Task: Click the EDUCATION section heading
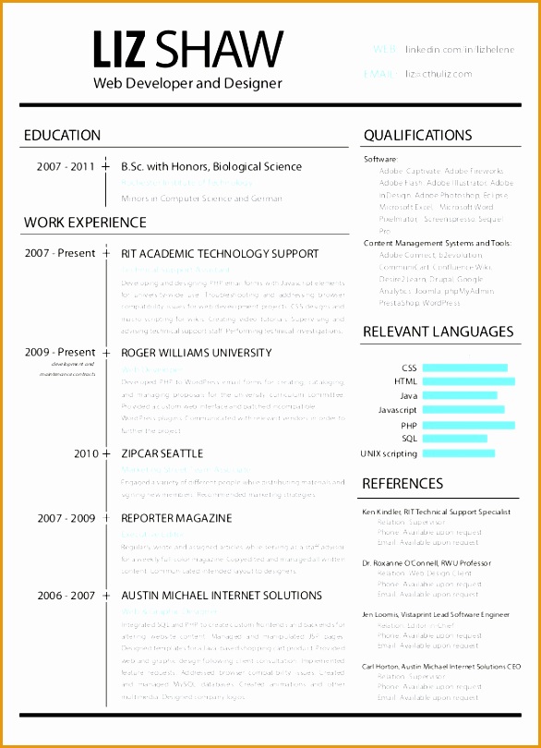pos(62,136)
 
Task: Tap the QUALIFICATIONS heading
pos(417,136)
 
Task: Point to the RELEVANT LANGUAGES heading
pos(438,332)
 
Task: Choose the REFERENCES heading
pos(403,483)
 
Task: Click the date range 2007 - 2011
pos(66,167)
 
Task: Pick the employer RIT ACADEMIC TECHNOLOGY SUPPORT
pos(220,253)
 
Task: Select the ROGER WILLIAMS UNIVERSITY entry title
pos(196,352)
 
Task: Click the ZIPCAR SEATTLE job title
pos(162,453)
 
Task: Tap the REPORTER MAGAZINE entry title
pos(176,518)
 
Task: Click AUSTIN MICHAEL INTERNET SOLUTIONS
pos(222,596)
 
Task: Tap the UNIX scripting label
pos(389,453)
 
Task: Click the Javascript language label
pos(398,410)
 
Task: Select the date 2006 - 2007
pos(66,596)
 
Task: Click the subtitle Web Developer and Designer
pos(187,83)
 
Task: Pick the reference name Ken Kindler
pos(380,511)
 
